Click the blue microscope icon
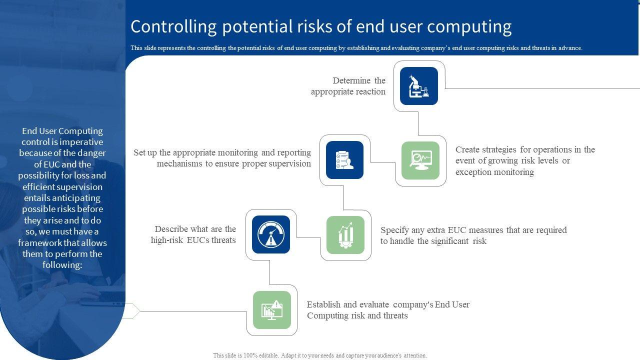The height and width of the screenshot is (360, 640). click(x=419, y=86)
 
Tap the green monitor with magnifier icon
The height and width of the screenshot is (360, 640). click(x=420, y=160)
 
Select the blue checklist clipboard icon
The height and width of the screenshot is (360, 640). click(x=344, y=160)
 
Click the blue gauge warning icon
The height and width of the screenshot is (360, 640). click(x=271, y=234)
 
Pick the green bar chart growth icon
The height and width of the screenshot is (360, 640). click(x=345, y=235)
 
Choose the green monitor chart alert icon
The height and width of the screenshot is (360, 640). click(x=271, y=310)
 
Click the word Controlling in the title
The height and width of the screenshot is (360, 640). click(x=173, y=27)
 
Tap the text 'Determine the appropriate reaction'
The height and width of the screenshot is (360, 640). click(x=348, y=86)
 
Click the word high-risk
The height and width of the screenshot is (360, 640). click(x=167, y=240)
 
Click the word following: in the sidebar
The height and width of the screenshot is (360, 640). click(x=62, y=265)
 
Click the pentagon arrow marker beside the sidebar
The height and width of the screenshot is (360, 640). click(x=132, y=311)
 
